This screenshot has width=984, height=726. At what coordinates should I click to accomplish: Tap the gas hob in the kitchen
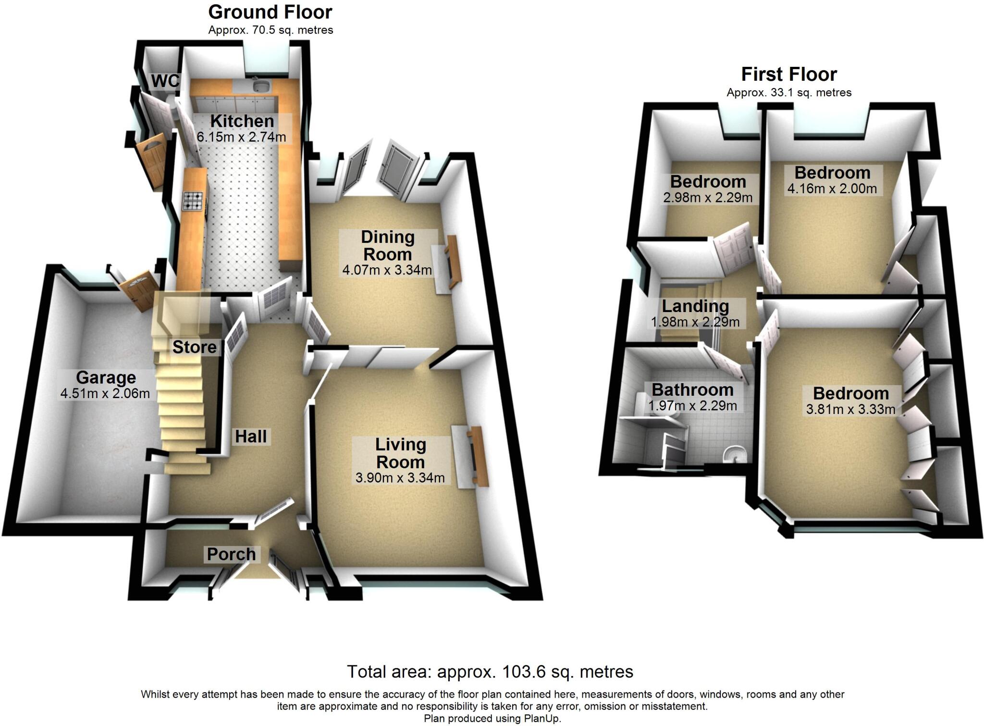click(x=194, y=201)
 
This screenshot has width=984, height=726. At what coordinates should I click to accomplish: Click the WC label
click(x=165, y=81)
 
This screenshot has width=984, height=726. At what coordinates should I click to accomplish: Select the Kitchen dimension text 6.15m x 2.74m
click(x=241, y=137)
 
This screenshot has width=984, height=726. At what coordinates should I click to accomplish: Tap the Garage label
click(x=106, y=377)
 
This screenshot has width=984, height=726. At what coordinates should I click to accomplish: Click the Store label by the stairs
click(x=194, y=347)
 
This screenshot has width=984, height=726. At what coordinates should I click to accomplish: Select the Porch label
click(x=231, y=554)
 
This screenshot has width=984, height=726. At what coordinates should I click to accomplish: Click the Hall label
click(x=250, y=436)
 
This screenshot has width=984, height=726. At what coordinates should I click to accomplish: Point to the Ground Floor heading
click(x=270, y=12)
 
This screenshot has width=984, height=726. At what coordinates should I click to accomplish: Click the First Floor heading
click(x=789, y=75)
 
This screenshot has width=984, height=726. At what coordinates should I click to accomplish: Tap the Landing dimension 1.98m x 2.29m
click(x=695, y=322)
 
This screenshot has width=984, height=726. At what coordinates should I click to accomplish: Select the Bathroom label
click(x=692, y=389)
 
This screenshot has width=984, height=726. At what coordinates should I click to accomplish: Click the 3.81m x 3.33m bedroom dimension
click(x=850, y=410)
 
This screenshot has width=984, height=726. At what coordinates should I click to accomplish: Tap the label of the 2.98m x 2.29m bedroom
click(x=708, y=181)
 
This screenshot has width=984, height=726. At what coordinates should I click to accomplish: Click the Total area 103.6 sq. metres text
click(x=490, y=671)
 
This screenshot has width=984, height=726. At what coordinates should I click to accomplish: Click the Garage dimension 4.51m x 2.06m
click(x=105, y=394)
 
